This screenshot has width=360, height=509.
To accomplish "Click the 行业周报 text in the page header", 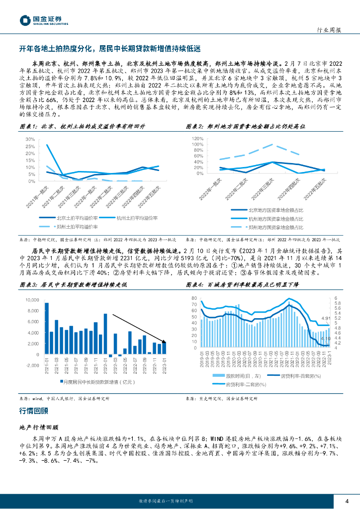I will (x=329, y=30).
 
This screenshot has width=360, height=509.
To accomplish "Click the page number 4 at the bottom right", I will (x=347, y=501).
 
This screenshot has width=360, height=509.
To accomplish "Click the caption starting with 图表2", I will (x=241, y=126).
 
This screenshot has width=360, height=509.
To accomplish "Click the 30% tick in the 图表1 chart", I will (x=30, y=139).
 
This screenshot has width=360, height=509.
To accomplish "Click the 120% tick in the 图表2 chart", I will (x=198, y=138).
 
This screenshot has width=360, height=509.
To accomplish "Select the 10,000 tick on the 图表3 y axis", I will (x=32, y=300).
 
